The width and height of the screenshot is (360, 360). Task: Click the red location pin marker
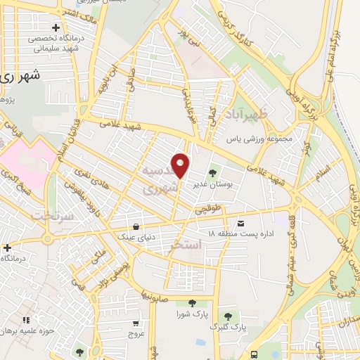pos(181,165)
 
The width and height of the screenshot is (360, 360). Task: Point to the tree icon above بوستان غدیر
pos(212,172)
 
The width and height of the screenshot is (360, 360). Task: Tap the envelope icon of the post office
pos(241,223)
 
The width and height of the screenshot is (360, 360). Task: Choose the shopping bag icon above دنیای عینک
pos(135,227)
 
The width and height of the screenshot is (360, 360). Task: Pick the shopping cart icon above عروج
pos(136,323)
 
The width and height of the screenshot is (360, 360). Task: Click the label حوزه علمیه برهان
pos(27,330)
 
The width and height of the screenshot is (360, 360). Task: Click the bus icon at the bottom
pos(254,355)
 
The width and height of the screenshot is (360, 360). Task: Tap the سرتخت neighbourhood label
pos(53,215)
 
